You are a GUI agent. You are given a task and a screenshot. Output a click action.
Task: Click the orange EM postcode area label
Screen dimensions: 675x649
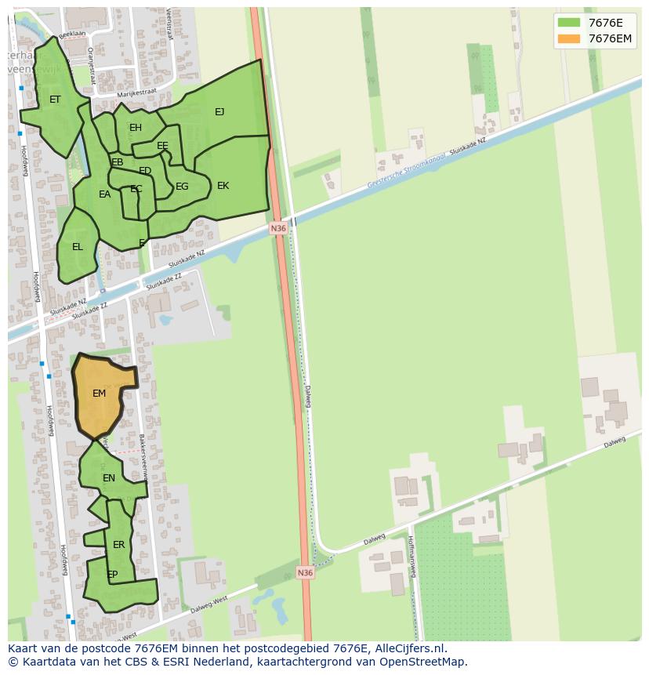tap(99, 394)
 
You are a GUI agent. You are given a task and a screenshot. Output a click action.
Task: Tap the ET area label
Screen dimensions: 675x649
tap(55, 100)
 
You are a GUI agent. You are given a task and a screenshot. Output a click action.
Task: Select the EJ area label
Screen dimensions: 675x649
tap(219, 112)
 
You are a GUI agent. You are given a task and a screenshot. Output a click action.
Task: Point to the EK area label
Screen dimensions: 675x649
tap(223, 186)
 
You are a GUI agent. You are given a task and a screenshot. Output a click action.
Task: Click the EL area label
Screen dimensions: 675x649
tap(77, 247)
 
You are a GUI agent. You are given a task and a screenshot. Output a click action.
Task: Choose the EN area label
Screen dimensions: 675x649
tap(109, 478)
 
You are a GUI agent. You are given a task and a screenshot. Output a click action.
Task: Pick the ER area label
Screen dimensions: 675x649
tap(119, 545)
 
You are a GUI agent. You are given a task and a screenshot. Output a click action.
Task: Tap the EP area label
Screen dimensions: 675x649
tap(112, 575)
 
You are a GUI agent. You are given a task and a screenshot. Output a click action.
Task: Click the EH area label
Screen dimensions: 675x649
tap(136, 128)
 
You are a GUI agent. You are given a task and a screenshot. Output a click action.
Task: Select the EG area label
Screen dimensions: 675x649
tap(182, 187)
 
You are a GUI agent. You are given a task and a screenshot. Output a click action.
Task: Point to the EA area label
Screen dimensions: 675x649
tap(104, 194)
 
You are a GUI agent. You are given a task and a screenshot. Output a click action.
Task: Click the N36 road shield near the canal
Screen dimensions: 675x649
tap(278, 229)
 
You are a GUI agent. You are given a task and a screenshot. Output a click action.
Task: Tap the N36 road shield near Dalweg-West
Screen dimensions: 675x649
tap(305, 573)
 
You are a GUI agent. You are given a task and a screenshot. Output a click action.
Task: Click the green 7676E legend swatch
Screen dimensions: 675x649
tap(569, 23)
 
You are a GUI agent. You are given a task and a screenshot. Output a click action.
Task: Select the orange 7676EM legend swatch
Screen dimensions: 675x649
tap(569, 38)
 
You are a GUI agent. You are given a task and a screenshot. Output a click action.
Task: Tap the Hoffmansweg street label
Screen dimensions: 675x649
tap(412, 556)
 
